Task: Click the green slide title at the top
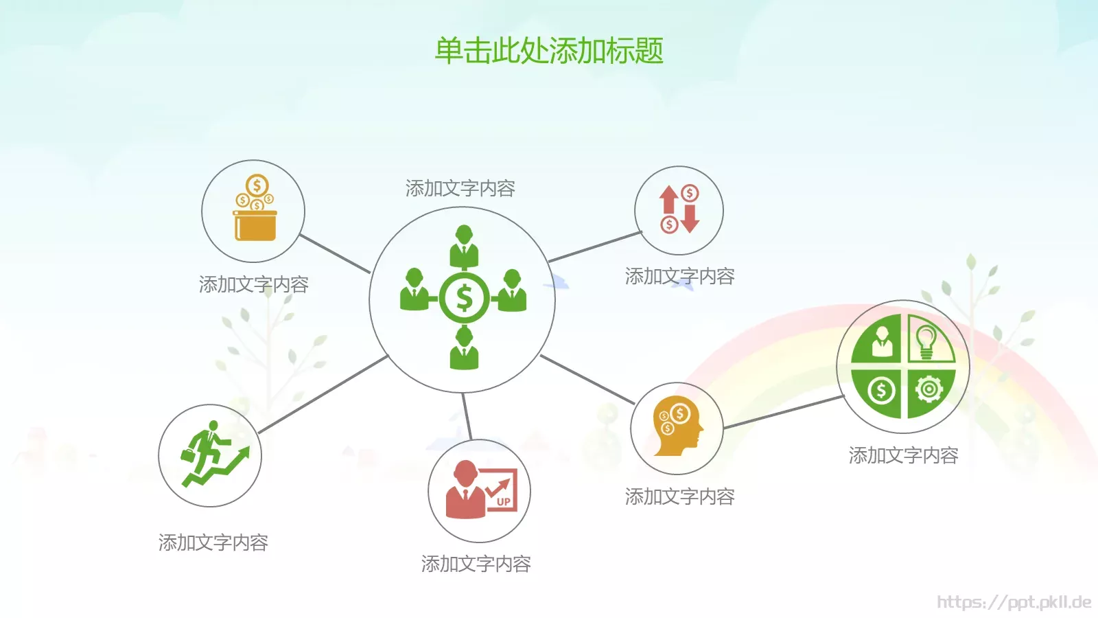549,51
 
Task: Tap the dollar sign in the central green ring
465,298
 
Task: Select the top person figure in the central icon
464,245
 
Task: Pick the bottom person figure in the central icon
464,348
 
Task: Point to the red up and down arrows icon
679,209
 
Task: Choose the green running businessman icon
211,455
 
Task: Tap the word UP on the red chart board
504,502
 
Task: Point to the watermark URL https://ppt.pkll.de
1014,602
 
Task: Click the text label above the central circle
460,188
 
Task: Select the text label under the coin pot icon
253,284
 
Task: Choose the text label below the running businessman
213,542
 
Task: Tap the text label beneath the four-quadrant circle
903,455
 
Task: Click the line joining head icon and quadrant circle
782,412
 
